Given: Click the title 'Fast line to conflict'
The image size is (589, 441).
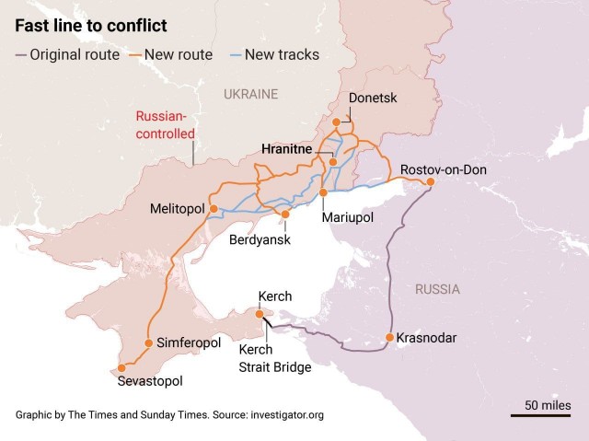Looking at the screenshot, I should tap(89, 25).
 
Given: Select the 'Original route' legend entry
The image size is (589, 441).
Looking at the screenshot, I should tap(66, 54).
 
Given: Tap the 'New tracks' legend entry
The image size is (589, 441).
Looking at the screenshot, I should tap(273, 54).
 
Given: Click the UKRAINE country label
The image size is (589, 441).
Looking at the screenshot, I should tap(250, 94).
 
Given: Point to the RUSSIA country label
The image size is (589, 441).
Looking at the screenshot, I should tap(437, 289).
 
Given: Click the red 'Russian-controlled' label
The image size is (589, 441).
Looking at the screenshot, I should tap(166, 124).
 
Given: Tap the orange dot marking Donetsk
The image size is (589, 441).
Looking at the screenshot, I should tap(338, 121).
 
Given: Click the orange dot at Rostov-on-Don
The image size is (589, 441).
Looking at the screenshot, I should tap(430, 182).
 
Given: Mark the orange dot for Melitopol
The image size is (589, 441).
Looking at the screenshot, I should tap(214, 209).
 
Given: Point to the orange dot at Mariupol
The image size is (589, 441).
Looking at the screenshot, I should tap(324, 191).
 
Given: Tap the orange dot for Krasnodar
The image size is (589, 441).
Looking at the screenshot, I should tap(390, 337).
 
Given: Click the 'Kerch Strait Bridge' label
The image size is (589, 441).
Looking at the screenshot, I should tap(274, 358).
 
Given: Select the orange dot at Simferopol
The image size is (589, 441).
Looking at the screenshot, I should tap(147, 342).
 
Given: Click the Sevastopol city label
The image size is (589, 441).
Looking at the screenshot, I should tap(150, 380).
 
